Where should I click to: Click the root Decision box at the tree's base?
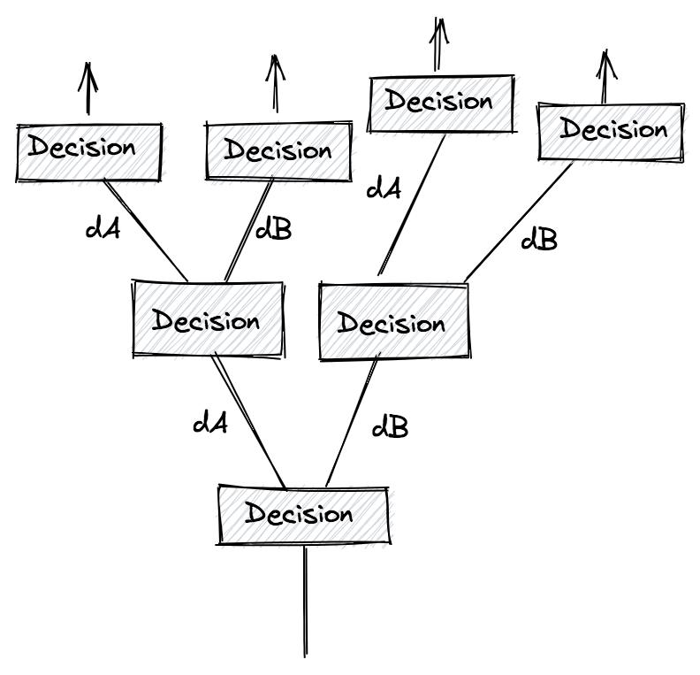(x=302, y=514)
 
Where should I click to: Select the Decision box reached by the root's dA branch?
(x=208, y=319)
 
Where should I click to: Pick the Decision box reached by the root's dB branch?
(x=393, y=322)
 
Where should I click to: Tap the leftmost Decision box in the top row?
(x=88, y=152)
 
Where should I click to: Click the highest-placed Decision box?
(x=439, y=103)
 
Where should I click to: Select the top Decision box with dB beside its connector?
(x=278, y=151)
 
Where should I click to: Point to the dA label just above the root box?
(x=210, y=423)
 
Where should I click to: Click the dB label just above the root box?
(x=390, y=427)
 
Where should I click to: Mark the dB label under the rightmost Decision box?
(x=539, y=239)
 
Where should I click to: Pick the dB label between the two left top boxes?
(x=273, y=230)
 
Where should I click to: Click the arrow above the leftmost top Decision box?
(x=87, y=88)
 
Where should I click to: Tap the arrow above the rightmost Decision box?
(x=605, y=78)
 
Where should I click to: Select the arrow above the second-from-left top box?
(x=277, y=84)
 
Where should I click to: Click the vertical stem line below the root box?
(x=306, y=602)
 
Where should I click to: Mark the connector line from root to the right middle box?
(x=352, y=422)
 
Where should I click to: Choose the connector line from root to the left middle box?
(x=249, y=422)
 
